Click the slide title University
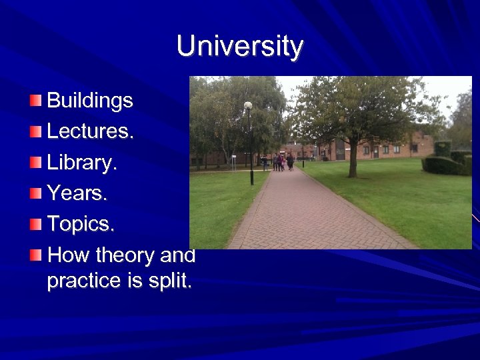click(x=240, y=47)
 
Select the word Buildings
click(x=90, y=101)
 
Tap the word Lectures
click(x=90, y=132)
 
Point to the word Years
click(x=76, y=194)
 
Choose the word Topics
click(x=81, y=225)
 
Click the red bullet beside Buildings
click(x=35, y=101)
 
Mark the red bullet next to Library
click(x=35, y=163)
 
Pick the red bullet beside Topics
click(x=35, y=224)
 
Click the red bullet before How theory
click(x=35, y=255)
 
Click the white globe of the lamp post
click(x=248, y=105)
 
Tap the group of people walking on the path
click(x=282, y=162)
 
